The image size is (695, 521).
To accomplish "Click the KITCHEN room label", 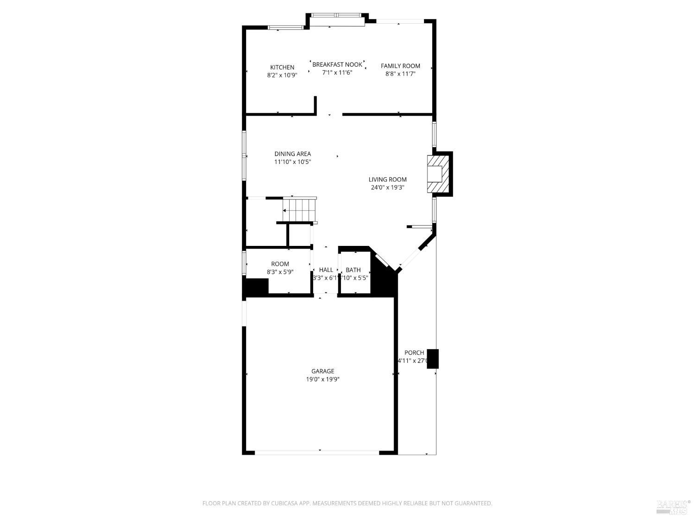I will click(x=282, y=67).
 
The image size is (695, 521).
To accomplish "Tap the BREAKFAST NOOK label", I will click(x=337, y=64).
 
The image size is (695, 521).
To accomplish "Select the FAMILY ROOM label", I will click(x=400, y=66).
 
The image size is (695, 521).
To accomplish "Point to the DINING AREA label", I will click(x=292, y=154).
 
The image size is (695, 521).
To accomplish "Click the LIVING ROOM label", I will click(x=387, y=179).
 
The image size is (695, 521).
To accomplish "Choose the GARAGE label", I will click(x=322, y=371).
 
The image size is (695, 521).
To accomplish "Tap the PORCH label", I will click(x=414, y=352).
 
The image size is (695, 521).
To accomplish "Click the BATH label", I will click(x=353, y=270).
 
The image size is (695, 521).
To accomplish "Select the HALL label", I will click(x=326, y=270).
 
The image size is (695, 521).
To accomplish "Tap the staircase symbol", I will click(x=299, y=210).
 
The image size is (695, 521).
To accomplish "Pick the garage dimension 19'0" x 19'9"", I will click(x=322, y=379).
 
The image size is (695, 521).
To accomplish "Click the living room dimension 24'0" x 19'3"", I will click(x=387, y=188).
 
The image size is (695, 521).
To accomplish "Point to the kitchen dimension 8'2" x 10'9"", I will click(x=282, y=75).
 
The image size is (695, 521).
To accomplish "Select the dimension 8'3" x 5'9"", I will click(x=280, y=272).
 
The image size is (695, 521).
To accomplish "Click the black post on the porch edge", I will click(x=432, y=358).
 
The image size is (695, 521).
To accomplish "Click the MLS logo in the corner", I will click(x=673, y=507).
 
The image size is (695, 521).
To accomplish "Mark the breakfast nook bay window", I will click(x=336, y=15).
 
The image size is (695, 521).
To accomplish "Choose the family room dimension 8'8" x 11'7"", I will click(x=400, y=74).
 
